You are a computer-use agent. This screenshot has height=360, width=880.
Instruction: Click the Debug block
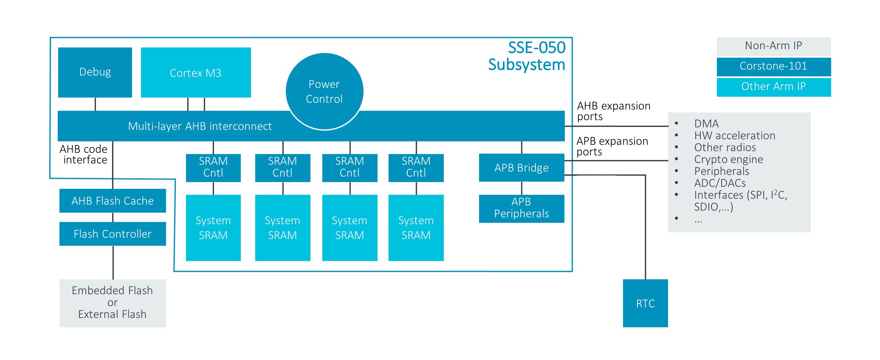(x=95, y=72)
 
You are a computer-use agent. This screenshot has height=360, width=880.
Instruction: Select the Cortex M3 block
(x=196, y=73)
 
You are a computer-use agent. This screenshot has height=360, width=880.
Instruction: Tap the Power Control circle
(x=324, y=91)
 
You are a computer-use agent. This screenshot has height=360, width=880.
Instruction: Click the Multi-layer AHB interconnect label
(x=200, y=126)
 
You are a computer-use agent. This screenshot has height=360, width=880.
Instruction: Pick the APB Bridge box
(x=522, y=168)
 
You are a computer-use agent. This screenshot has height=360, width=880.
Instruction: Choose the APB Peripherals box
(x=522, y=208)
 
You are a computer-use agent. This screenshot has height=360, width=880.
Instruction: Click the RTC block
(x=645, y=303)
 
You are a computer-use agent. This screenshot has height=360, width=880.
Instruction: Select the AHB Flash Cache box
(x=113, y=201)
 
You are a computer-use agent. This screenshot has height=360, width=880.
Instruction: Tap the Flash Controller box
(x=113, y=234)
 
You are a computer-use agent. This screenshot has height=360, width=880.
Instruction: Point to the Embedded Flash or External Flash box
(x=113, y=303)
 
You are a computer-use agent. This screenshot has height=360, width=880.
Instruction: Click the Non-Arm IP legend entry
(x=773, y=46)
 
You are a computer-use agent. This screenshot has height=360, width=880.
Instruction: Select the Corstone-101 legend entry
(x=773, y=66)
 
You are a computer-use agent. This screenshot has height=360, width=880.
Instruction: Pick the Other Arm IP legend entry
(x=773, y=87)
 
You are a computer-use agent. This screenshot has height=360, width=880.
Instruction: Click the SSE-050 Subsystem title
(x=527, y=56)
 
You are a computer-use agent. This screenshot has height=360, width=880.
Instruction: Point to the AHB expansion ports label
(x=613, y=111)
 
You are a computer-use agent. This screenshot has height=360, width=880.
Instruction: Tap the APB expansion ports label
(x=612, y=146)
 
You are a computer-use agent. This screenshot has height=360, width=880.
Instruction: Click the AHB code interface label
(x=84, y=155)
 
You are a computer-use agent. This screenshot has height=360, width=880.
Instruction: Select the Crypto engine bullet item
(x=728, y=160)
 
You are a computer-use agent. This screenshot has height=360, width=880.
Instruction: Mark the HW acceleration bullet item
(x=734, y=136)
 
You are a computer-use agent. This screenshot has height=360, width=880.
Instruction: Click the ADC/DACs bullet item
(x=720, y=183)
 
